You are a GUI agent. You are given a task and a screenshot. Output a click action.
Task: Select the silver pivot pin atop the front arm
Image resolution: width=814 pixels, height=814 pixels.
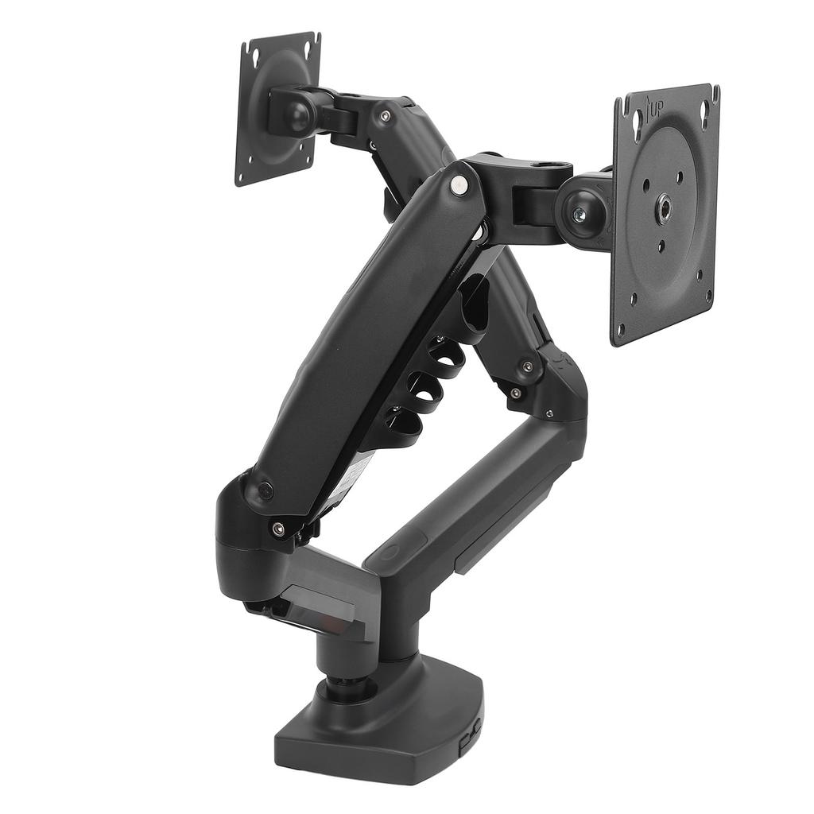tap(459, 184)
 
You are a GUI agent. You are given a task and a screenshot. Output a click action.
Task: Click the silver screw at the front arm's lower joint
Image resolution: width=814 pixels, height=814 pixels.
tap(277, 527)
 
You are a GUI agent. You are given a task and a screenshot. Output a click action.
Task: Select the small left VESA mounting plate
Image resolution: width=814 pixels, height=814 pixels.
tap(277, 107)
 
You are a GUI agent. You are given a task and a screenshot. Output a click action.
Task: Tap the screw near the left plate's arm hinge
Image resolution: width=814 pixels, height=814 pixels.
tap(385, 117)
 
